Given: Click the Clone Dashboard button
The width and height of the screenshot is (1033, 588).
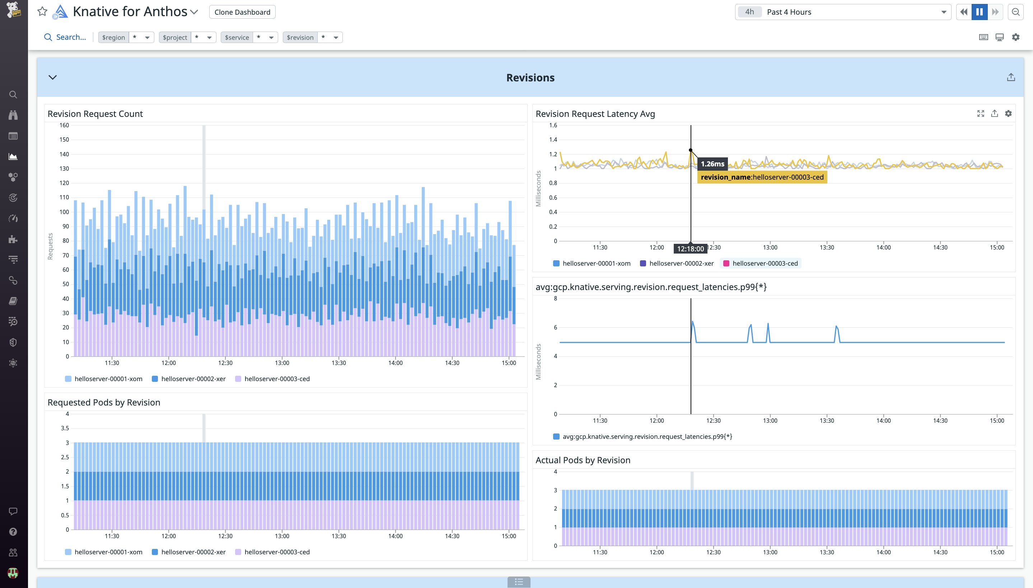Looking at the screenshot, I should pos(242,12).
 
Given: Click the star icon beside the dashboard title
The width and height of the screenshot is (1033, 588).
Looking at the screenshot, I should pos(42,11).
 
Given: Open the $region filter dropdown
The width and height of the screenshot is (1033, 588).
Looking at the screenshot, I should pos(147,38).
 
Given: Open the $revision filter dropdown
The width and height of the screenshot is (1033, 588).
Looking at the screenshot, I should pos(336,38).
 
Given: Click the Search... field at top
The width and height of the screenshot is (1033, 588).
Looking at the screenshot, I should pos(71,37).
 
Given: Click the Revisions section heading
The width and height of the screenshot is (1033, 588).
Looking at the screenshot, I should pos(530,77).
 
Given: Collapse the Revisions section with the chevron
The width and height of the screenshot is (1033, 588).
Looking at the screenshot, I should pos(52,77).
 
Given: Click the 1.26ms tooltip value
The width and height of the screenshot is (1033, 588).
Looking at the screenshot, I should pos(712,164).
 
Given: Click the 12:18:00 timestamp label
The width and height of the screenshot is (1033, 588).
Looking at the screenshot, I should pos(690,249).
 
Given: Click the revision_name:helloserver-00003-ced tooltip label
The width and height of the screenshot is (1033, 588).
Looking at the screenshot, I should pos(762,177).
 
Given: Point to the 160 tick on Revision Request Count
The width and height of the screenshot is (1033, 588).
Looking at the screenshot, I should pos(64,125).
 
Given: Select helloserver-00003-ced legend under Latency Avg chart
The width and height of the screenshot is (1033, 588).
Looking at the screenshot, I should pos(765,263).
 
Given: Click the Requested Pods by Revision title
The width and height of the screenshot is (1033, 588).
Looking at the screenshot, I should pos(104,402).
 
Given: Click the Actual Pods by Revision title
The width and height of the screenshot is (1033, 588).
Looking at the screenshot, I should pos(583,460).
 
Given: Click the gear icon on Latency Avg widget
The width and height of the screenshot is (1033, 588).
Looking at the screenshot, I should pos(1008,114).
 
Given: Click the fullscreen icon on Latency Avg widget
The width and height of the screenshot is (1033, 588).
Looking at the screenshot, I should pos(981,114).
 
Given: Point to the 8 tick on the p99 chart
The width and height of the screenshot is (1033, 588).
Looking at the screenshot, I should pos(555,298).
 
